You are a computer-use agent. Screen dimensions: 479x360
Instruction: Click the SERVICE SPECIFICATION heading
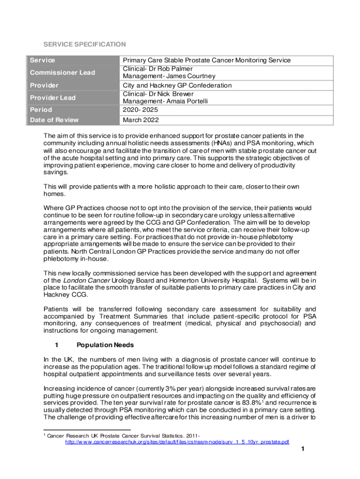84,44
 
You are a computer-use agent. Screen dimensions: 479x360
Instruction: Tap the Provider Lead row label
53,98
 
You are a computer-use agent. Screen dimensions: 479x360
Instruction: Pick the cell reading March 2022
141,120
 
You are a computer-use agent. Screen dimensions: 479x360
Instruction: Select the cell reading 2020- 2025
140,110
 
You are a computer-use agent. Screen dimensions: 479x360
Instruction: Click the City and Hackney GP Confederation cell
177,86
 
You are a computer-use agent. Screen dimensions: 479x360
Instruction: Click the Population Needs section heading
105,345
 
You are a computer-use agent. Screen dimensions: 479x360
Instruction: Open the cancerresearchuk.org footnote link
177,442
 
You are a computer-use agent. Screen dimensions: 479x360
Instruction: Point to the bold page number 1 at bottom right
303,450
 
